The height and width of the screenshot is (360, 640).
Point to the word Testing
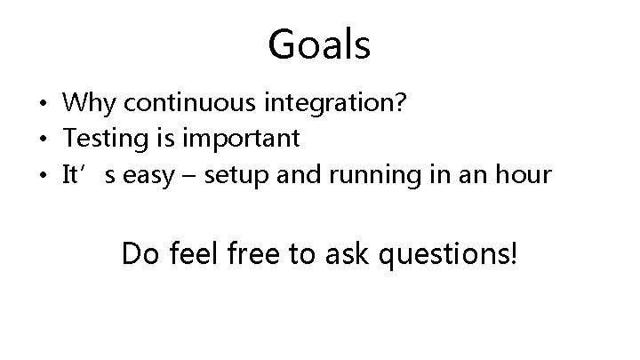pos(98,140)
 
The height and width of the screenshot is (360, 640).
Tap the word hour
pos(524,173)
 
